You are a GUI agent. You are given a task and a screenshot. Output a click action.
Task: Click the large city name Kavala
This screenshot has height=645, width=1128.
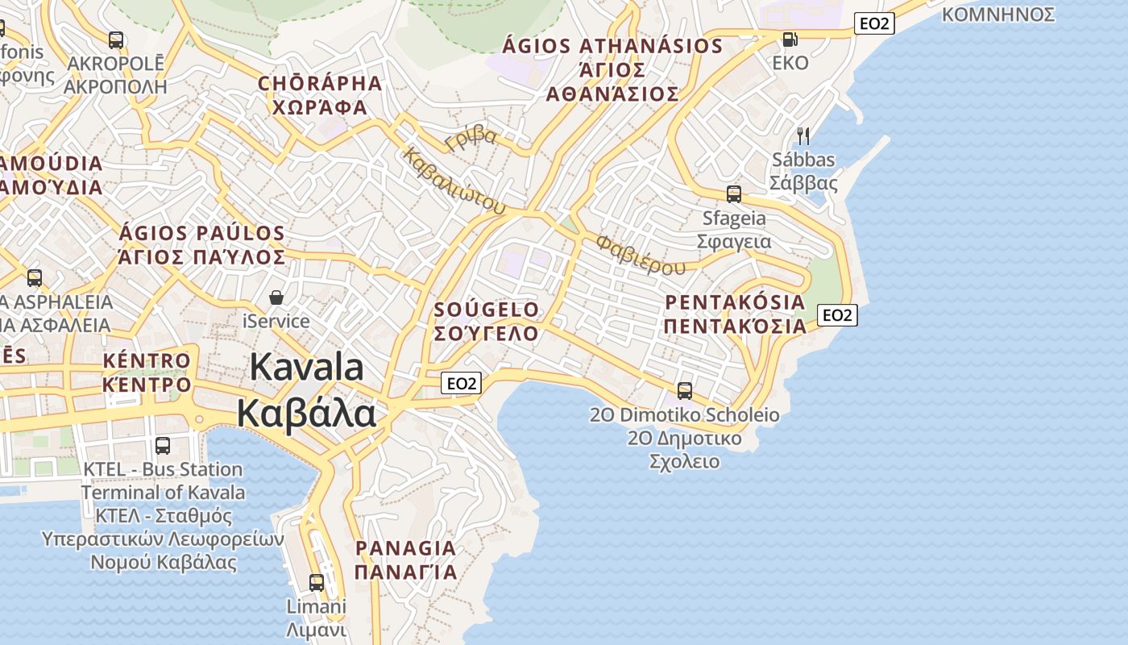[x=306, y=368]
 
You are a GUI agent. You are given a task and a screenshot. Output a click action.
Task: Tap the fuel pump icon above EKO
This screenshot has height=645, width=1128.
[x=790, y=39]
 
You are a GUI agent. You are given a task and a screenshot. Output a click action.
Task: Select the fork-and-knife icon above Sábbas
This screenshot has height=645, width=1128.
[x=802, y=135]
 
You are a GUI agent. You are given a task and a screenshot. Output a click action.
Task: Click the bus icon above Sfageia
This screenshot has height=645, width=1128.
[x=733, y=194]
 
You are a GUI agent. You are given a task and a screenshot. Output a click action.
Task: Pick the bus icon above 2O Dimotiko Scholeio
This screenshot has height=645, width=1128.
[x=684, y=391]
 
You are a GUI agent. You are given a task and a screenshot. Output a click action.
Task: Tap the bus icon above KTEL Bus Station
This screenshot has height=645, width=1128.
[x=163, y=445]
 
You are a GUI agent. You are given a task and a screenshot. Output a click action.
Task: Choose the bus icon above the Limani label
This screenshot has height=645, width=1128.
[x=317, y=582]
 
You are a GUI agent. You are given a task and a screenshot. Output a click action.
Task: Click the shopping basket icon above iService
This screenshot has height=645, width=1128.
[x=276, y=298]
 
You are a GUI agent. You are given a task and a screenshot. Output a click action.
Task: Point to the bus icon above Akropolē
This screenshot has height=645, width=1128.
[x=116, y=40]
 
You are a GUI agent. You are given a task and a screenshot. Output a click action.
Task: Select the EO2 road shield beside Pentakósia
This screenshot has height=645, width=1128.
[x=837, y=315]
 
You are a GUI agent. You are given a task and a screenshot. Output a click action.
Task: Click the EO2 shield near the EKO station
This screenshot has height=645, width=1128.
[x=874, y=23]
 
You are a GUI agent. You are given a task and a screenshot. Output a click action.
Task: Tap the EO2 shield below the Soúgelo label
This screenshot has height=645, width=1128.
[x=462, y=383]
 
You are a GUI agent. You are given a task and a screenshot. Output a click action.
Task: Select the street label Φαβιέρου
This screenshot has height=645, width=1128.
[x=641, y=254]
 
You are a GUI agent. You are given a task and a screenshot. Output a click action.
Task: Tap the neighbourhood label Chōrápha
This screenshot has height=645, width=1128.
[x=319, y=95]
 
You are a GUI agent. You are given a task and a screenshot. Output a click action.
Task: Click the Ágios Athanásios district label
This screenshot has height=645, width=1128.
[x=612, y=69]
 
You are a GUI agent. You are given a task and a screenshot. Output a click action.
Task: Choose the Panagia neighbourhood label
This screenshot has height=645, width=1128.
[x=405, y=560]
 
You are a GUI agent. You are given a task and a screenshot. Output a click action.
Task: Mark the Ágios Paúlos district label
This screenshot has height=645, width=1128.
[x=201, y=245]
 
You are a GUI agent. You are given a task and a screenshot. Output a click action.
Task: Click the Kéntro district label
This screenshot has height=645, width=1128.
[x=147, y=372]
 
